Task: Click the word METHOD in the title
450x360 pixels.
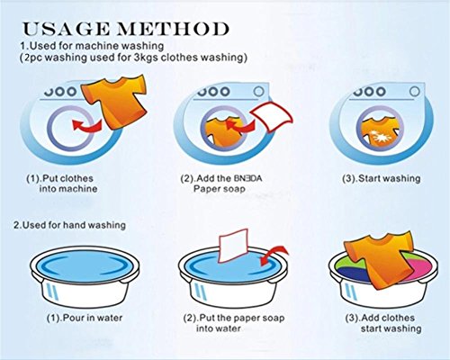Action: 173,29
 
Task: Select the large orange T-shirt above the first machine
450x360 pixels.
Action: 114,101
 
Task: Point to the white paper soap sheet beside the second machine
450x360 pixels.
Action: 272,116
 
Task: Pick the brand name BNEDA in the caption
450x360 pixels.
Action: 247,179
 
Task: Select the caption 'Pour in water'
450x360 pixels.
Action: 85,318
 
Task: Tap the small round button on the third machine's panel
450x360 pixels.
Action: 415,91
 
